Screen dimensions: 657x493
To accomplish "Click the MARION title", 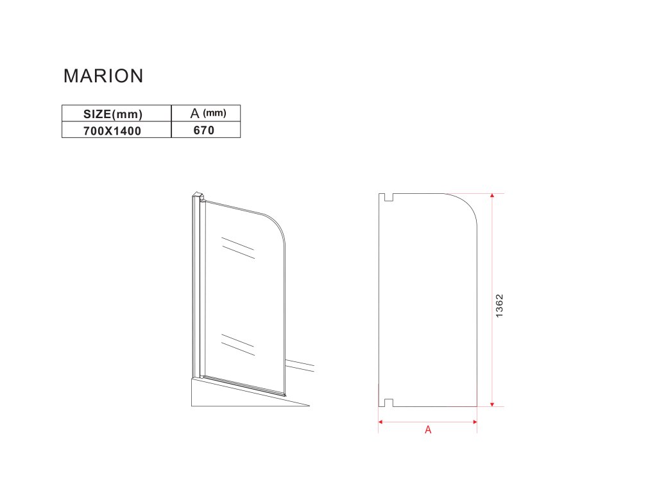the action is (x=103, y=76).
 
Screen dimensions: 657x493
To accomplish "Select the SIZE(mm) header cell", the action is (x=113, y=114).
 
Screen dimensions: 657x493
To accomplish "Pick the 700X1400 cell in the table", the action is (x=113, y=130).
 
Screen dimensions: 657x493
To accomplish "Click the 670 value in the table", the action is (x=203, y=130).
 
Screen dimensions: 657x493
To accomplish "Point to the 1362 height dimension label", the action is (x=500, y=306).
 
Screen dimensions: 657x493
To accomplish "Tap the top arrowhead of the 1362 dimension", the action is (x=492, y=196).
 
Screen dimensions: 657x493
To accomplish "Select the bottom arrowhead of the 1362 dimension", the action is (x=492, y=403).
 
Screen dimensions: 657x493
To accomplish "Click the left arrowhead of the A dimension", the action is (x=381, y=422).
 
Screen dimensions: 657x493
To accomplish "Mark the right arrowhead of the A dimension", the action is (x=474, y=422).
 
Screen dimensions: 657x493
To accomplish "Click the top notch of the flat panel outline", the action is (x=386, y=196).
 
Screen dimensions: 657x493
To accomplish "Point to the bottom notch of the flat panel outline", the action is (x=386, y=403).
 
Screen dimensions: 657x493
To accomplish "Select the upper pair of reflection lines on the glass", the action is (x=238, y=247).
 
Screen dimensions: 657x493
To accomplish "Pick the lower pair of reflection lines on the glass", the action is (x=238, y=345).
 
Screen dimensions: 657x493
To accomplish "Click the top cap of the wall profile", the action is (x=198, y=195).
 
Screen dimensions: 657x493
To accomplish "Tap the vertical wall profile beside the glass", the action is (x=197, y=289).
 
